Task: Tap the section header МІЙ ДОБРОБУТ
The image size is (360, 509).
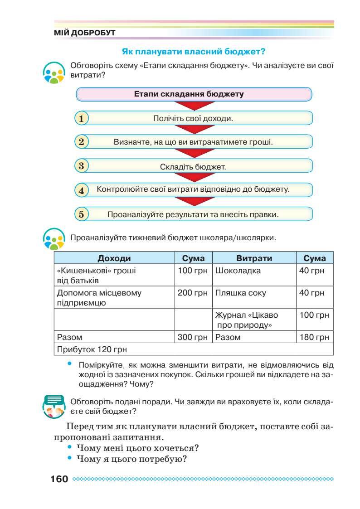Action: pos(85,33)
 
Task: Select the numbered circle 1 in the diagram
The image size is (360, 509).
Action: pos(81,119)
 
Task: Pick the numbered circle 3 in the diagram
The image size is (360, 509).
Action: pos(81,166)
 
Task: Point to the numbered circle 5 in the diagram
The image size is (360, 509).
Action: pos(81,214)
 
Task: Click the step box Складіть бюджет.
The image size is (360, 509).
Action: pos(193,166)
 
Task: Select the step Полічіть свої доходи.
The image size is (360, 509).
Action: pos(193,119)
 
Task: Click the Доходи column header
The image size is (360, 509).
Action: pos(114,258)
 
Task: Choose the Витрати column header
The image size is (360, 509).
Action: pos(254,258)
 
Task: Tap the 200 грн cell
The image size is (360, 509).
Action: pos(193,293)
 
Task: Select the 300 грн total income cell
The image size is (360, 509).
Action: pos(193,337)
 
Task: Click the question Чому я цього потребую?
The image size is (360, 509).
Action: pos(132,459)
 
